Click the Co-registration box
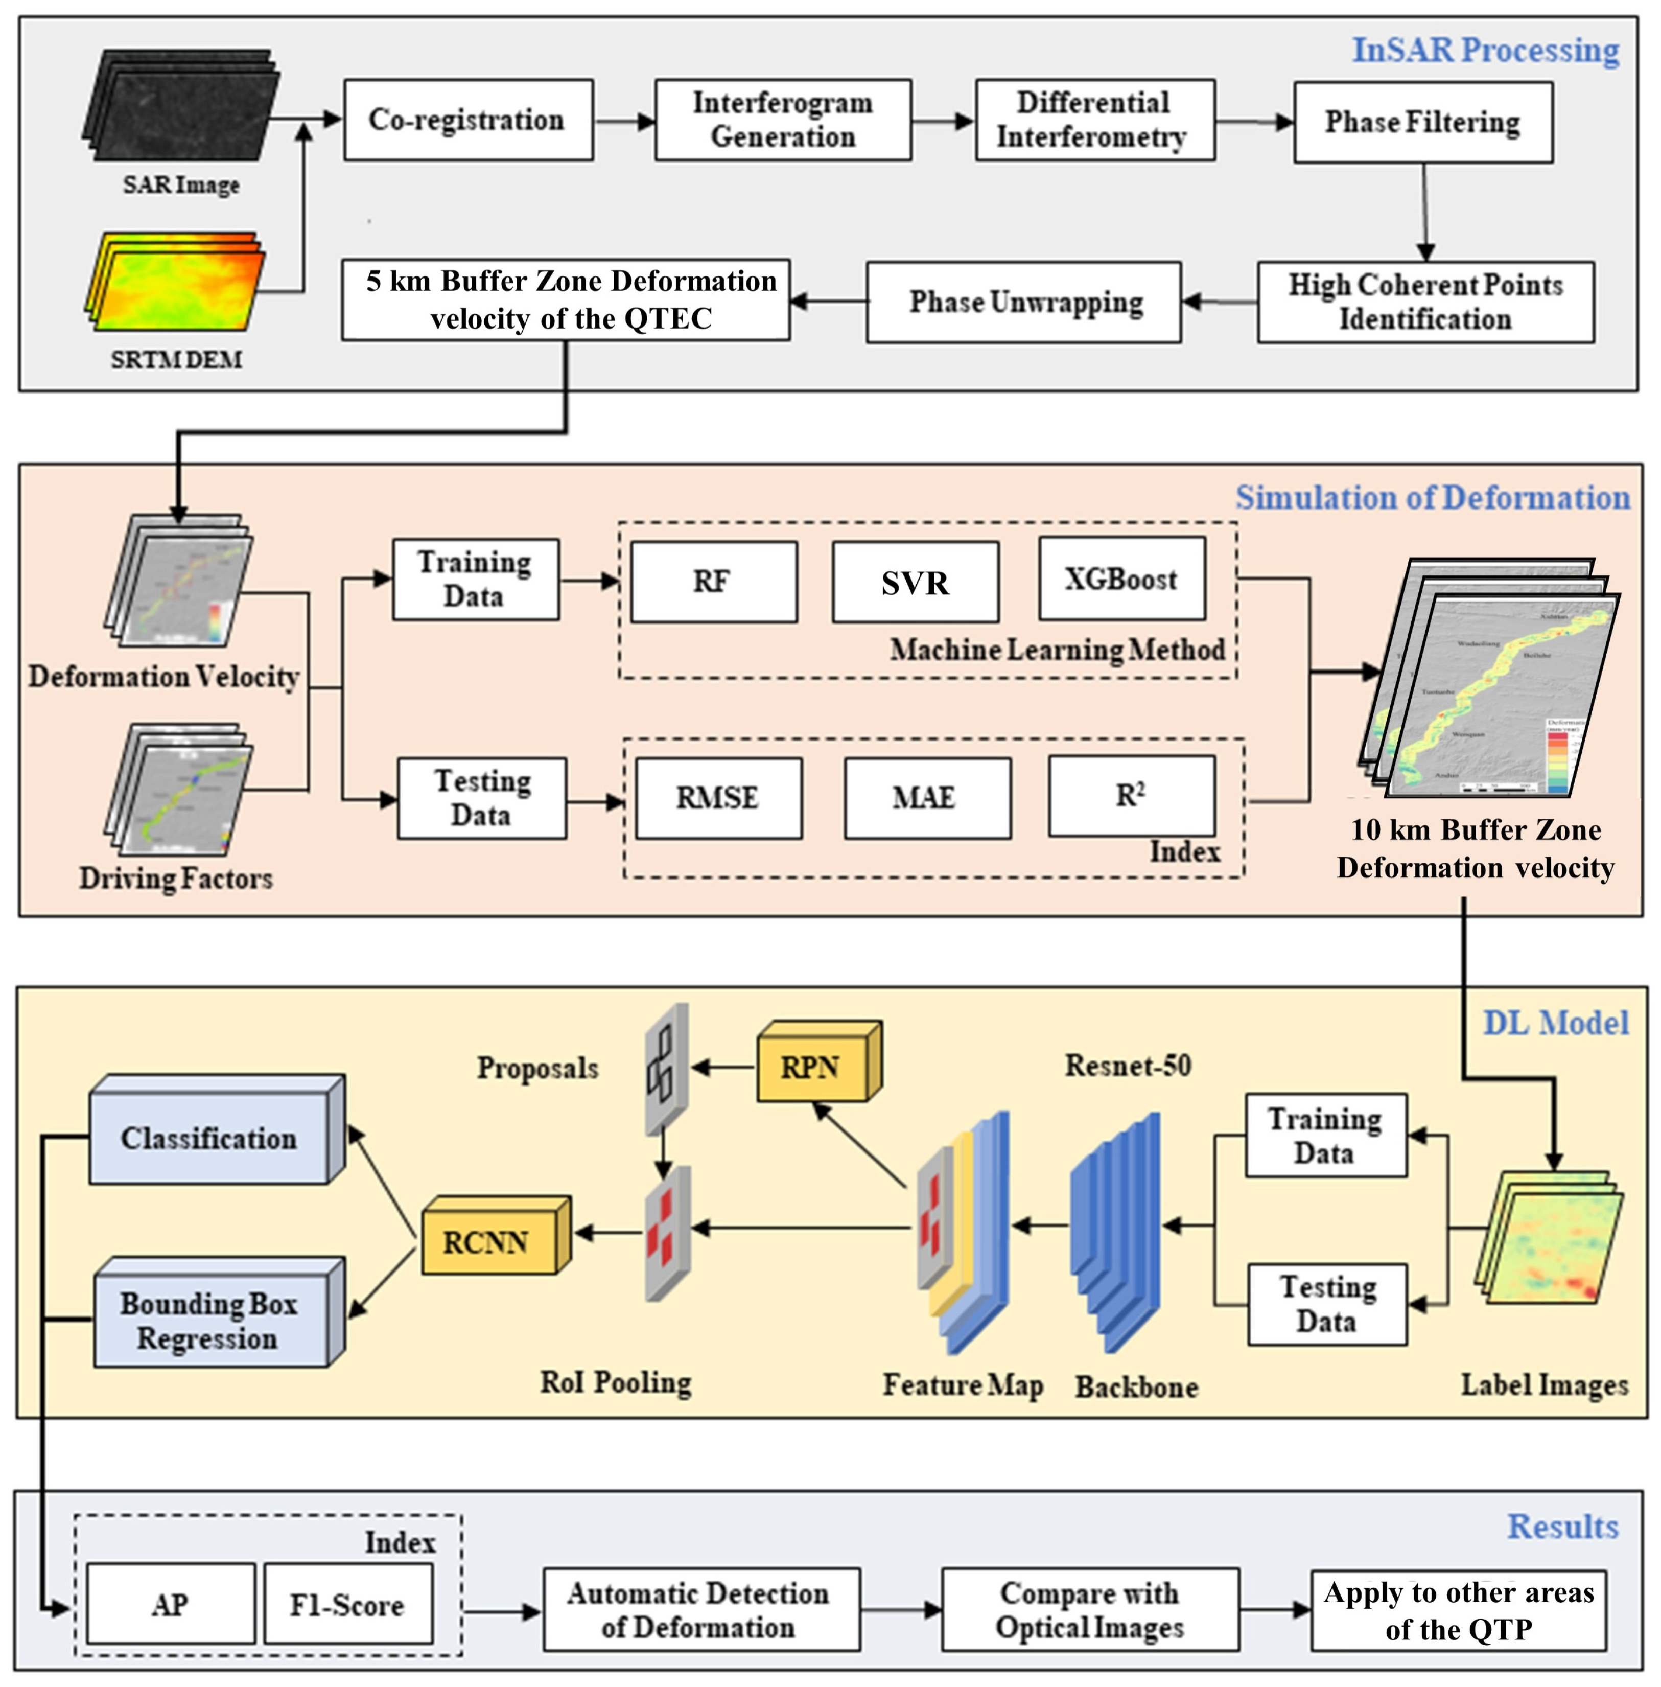coord(469,120)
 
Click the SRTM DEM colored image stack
coord(176,281)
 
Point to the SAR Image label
coord(180,185)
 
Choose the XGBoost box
coord(1122,579)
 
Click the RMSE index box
coord(718,798)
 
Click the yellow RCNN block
coord(488,1241)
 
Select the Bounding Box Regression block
coord(209,1320)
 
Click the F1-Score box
coord(347,1604)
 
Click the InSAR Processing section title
coord(1485,50)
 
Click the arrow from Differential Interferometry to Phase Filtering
coord(1254,122)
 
